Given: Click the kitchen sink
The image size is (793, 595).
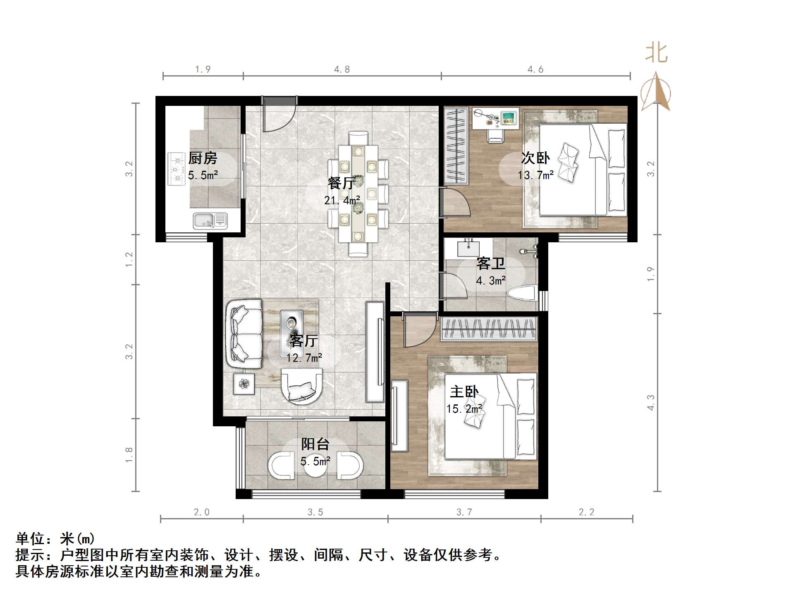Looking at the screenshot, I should click(x=210, y=221).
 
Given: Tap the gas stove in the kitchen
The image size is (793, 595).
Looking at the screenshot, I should click(x=176, y=169).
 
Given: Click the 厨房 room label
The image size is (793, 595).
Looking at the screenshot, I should click(x=203, y=158).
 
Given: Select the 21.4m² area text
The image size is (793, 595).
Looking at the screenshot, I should click(x=342, y=201).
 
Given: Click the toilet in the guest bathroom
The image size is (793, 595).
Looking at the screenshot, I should click(x=522, y=293).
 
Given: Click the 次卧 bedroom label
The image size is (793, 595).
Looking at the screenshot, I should click(x=535, y=158).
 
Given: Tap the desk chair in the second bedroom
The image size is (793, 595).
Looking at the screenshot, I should click(x=495, y=135).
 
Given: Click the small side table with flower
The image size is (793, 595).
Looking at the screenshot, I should click(x=244, y=384).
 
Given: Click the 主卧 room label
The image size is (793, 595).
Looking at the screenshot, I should click(x=464, y=392).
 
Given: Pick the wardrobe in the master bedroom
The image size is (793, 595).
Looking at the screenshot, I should click(x=489, y=329).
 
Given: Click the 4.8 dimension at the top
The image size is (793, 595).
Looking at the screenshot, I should click(x=342, y=69).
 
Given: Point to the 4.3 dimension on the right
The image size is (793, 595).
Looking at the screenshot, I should click(x=651, y=402).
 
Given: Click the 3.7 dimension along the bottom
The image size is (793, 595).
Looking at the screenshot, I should click(x=464, y=512).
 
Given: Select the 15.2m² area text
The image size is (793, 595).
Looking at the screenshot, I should click(x=464, y=409).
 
